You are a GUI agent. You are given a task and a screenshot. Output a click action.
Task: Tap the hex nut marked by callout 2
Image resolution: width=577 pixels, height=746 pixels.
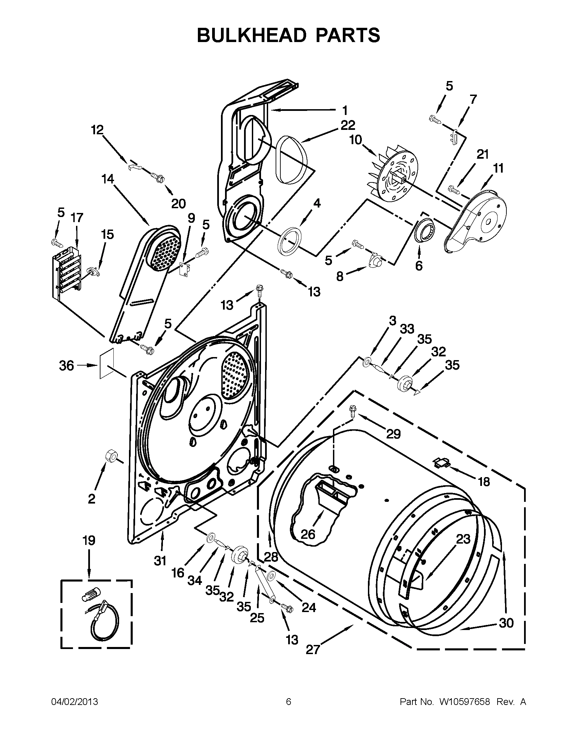tap(111, 456)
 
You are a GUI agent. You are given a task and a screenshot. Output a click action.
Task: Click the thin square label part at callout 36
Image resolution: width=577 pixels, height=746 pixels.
tap(106, 364)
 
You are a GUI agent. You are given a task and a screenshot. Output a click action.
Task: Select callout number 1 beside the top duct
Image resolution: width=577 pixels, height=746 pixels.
tap(345, 110)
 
